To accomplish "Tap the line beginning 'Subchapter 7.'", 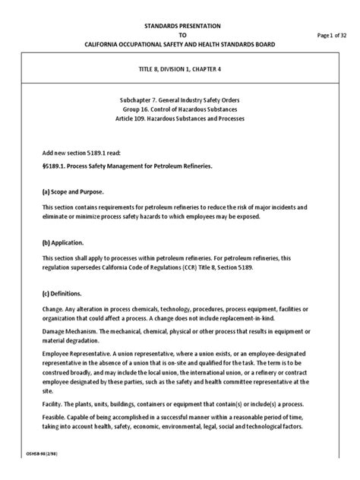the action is pyautogui.click(x=180, y=100).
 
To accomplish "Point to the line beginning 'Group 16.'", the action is pyautogui.click(x=181, y=111).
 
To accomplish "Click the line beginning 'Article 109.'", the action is pyautogui.click(x=181, y=122).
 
